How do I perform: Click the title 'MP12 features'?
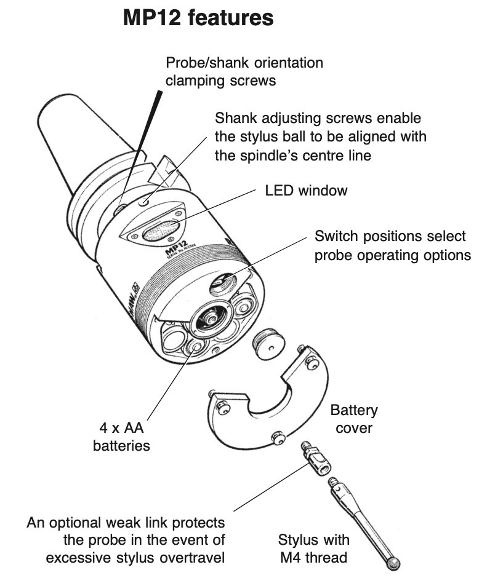(x=198, y=18)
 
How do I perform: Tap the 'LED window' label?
(x=306, y=190)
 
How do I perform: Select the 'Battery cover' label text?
(x=354, y=418)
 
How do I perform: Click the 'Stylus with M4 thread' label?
(x=313, y=548)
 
